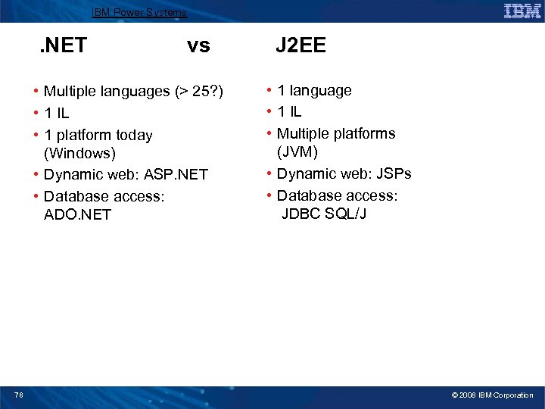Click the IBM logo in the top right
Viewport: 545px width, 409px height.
point(522,11)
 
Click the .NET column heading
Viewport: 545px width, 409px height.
point(63,46)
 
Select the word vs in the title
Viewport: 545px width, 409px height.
point(198,46)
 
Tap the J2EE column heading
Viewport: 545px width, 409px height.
point(301,46)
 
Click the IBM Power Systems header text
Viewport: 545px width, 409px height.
point(139,12)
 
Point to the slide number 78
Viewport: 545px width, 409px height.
point(18,395)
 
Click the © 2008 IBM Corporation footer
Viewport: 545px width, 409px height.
point(492,395)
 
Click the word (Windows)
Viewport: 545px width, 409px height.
point(79,154)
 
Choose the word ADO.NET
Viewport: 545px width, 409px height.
point(77,214)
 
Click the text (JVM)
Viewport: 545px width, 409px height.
point(297,151)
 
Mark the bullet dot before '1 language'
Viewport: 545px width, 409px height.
point(269,91)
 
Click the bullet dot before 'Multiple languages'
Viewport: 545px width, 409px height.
point(36,92)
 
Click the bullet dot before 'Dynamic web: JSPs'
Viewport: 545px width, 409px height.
point(269,174)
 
